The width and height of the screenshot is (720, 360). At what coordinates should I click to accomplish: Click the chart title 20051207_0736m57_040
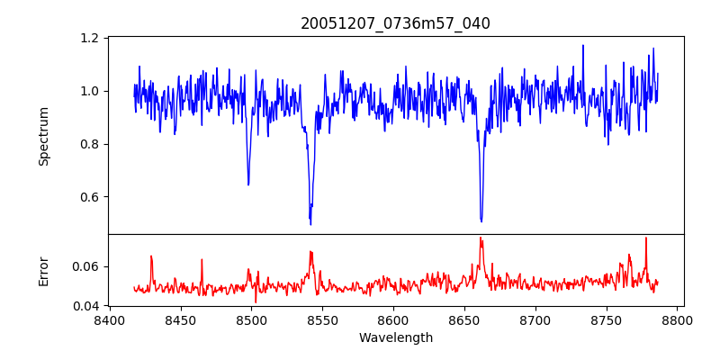[x=395, y=23]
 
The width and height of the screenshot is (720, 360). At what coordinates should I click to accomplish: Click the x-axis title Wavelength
[x=395, y=337]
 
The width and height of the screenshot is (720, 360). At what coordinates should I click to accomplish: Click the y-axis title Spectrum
[x=43, y=136]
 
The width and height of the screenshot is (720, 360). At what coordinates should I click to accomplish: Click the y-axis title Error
[x=43, y=271]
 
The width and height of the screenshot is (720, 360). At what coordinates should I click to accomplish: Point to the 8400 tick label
[x=110, y=319]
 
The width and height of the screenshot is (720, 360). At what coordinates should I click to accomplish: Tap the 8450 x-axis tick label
[x=181, y=319]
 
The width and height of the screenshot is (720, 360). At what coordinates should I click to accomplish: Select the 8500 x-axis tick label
[x=252, y=319]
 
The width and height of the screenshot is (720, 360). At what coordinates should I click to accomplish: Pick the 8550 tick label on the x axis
[x=323, y=319]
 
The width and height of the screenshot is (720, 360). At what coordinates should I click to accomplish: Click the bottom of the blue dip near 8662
[x=481, y=221]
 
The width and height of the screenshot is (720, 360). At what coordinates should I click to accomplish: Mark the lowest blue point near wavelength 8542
[x=310, y=223]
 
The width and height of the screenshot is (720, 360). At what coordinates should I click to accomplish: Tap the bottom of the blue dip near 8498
[x=248, y=184]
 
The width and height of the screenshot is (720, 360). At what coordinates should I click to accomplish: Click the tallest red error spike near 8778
[x=646, y=238]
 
